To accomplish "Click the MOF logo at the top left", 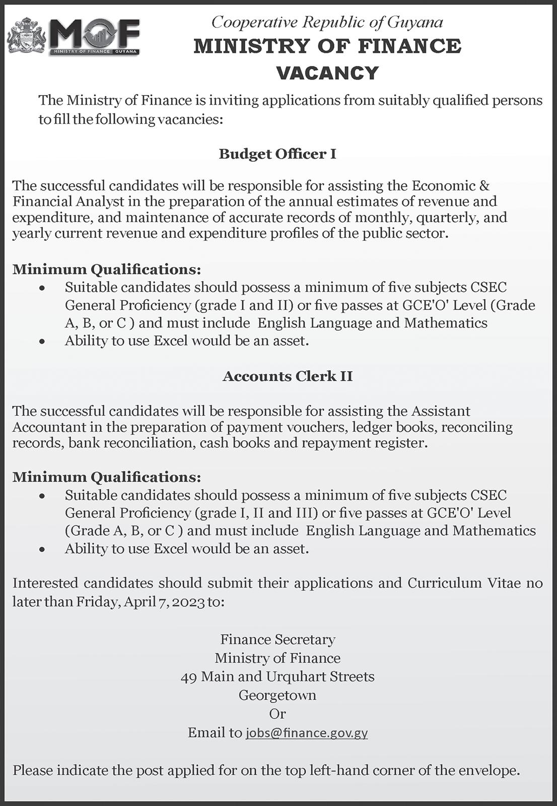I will (x=95, y=36).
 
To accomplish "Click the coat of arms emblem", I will (x=27, y=36).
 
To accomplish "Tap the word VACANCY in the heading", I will (x=327, y=74).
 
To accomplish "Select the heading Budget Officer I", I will (x=277, y=154).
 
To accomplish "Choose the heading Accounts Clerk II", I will (x=288, y=376).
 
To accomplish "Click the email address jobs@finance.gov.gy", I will (x=307, y=732).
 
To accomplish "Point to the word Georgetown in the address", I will (x=277, y=695).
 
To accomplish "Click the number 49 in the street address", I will (x=188, y=677).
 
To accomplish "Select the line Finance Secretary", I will (x=277, y=640).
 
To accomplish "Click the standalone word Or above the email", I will (x=277, y=714).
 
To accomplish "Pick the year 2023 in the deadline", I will (x=188, y=602).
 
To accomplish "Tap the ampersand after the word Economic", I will (x=484, y=185).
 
